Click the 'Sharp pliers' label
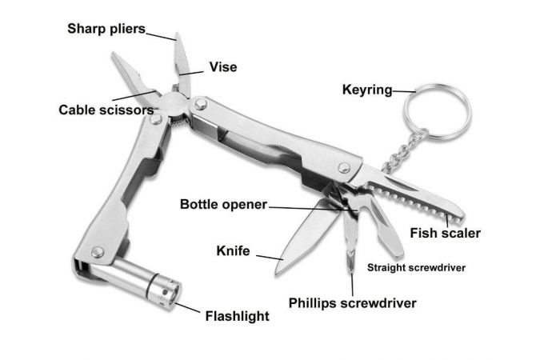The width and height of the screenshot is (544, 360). point(106,29)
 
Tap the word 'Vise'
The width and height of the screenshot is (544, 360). point(222,67)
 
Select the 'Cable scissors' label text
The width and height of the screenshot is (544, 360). point(106,109)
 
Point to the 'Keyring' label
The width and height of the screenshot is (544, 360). point(367,89)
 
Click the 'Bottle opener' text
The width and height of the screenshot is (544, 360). point(223,204)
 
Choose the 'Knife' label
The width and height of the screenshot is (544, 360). point(234,251)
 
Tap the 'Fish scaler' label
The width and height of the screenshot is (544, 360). point(445,234)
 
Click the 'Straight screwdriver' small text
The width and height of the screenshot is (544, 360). point(416,267)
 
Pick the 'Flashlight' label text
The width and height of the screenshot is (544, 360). point(238,315)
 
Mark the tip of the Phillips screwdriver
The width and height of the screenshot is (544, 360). point(352,270)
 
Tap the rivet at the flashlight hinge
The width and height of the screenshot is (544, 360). point(98,252)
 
